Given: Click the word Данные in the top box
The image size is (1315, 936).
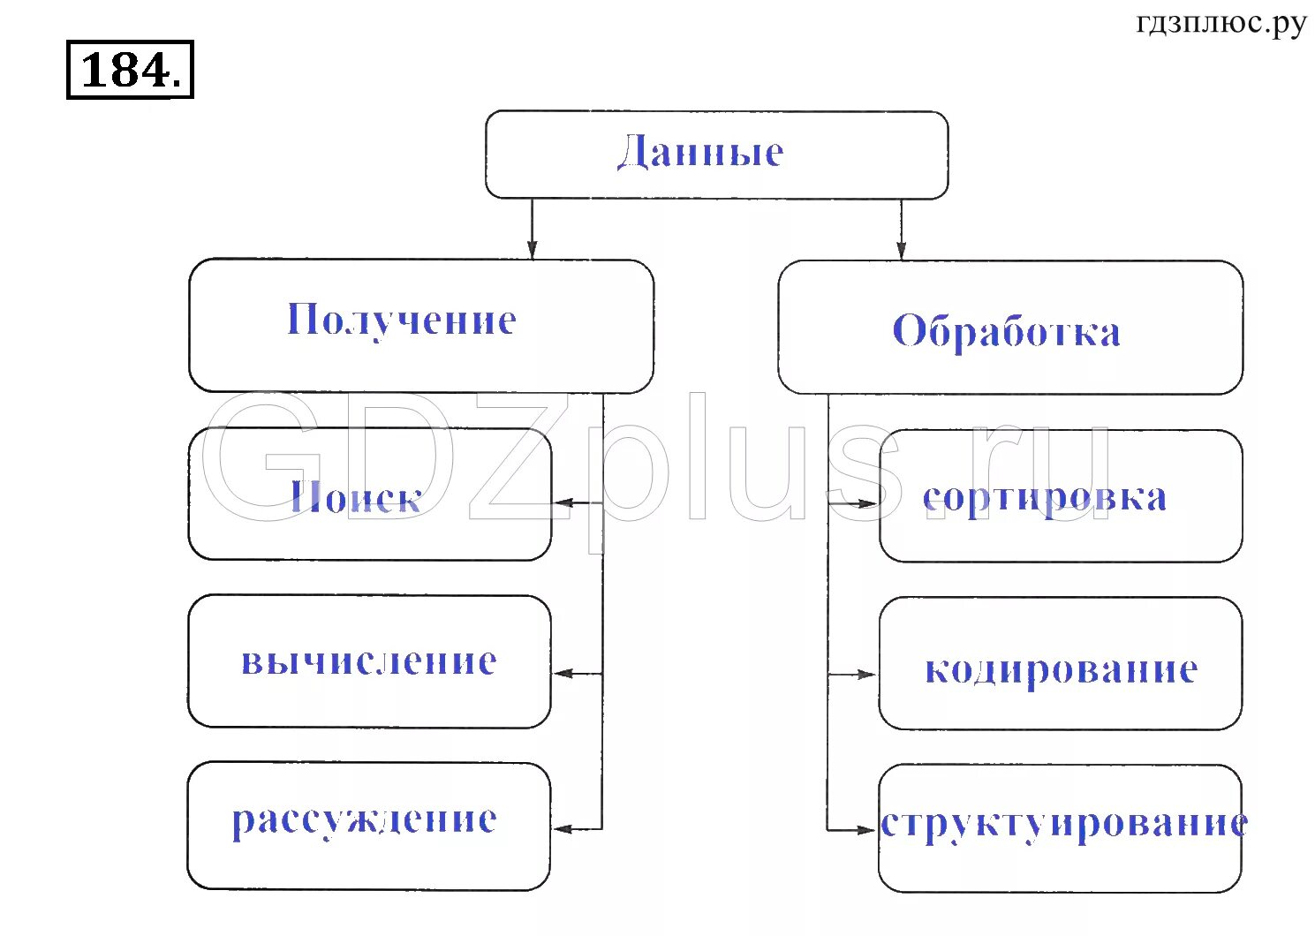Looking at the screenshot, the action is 699,152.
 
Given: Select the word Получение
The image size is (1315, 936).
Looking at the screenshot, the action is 402,320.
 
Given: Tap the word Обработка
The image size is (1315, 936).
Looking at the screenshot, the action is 1007,331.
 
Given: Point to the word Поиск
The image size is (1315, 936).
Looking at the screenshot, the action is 356,498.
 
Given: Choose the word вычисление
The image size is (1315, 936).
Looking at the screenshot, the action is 369,661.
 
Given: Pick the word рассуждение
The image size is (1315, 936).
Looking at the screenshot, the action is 364,819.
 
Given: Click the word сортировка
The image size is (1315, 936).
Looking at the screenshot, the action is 1045,498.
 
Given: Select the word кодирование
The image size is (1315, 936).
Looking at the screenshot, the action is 1061,669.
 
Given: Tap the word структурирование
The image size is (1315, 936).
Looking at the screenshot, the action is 1064,823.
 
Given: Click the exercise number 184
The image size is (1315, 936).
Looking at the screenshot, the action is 130,69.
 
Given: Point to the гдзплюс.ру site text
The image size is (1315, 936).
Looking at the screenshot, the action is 1221,23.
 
